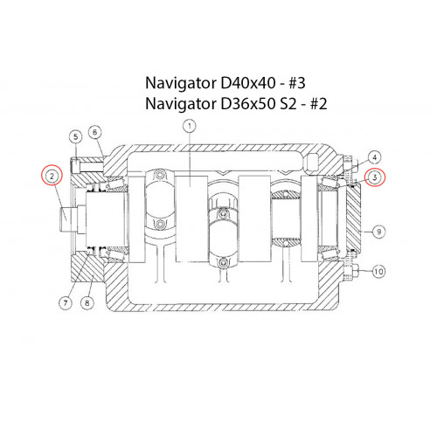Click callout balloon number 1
pyautogui.click(x=190, y=126)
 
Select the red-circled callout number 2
pyautogui.click(x=52, y=176)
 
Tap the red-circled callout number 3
pyautogui.click(x=375, y=177)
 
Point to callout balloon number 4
pyautogui.click(x=375, y=157)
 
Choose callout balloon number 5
pyautogui.click(x=76, y=136)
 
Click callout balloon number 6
pyautogui.click(x=94, y=132)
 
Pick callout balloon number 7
pyautogui.click(x=66, y=302)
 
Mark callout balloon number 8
pyautogui.click(x=87, y=302)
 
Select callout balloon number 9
pyautogui.click(x=378, y=232)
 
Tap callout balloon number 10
pyautogui.click(x=378, y=272)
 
